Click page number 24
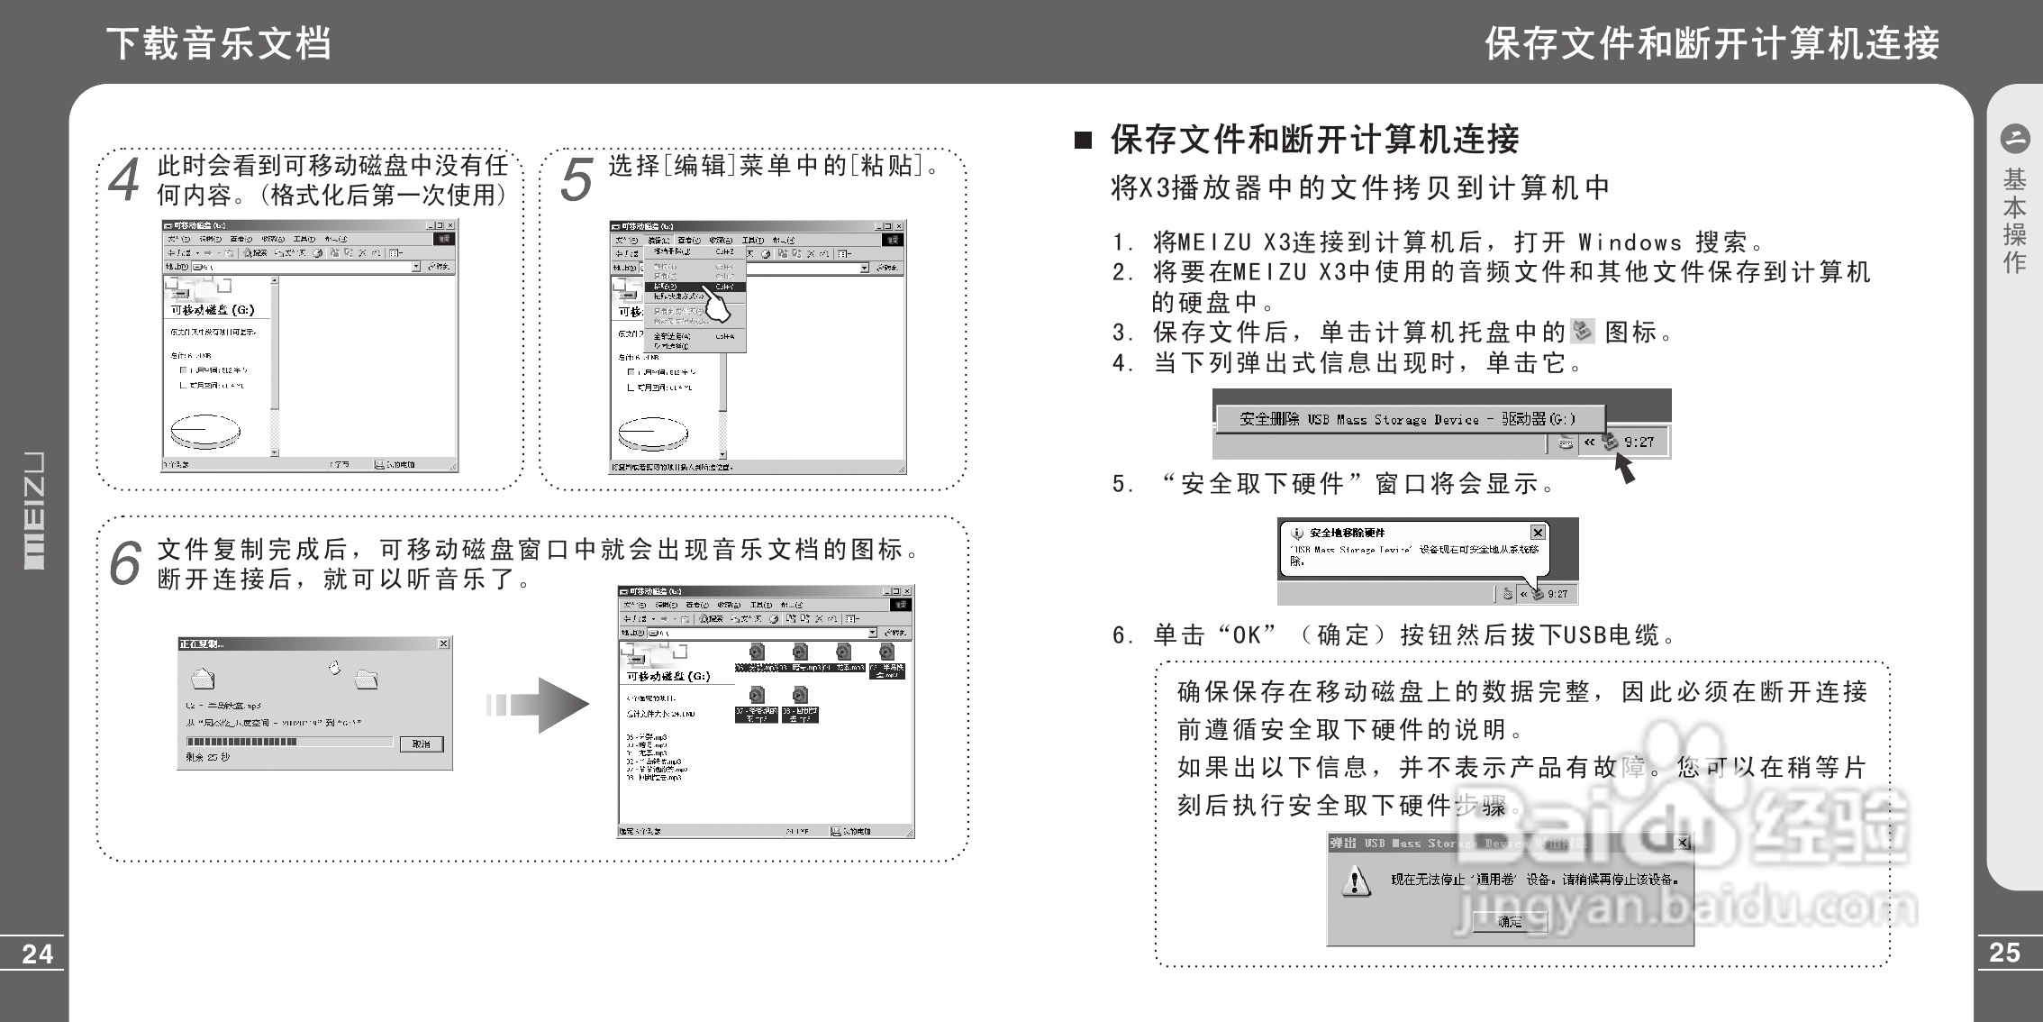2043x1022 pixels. (37, 954)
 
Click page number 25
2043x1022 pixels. (2004, 953)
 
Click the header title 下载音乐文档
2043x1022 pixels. (219, 42)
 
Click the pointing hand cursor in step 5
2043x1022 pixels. (718, 306)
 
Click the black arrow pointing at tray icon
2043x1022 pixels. (1624, 468)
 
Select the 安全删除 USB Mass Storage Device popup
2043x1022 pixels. (1408, 419)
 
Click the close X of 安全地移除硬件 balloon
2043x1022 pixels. (1538, 533)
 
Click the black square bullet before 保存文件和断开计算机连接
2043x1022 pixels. (1083, 140)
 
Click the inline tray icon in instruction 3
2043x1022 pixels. (1582, 332)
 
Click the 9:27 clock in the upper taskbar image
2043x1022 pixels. (1639, 443)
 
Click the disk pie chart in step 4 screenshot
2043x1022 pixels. (206, 431)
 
